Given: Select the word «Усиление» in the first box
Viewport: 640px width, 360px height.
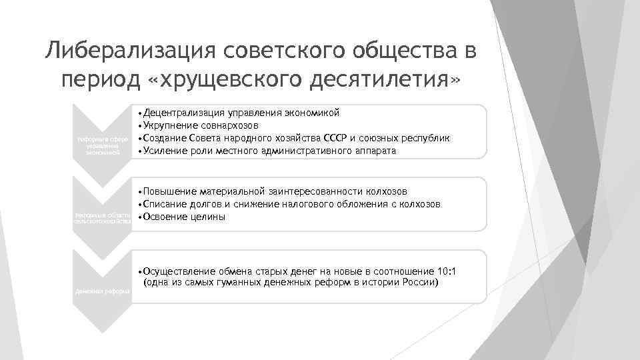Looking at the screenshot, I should [x=164, y=151].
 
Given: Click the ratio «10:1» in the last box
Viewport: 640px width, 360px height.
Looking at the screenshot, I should [x=445, y=271].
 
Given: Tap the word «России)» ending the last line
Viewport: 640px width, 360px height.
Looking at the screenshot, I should [x=420, y=283].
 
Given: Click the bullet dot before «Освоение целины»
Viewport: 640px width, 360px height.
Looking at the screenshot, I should [x=139, y=217].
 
